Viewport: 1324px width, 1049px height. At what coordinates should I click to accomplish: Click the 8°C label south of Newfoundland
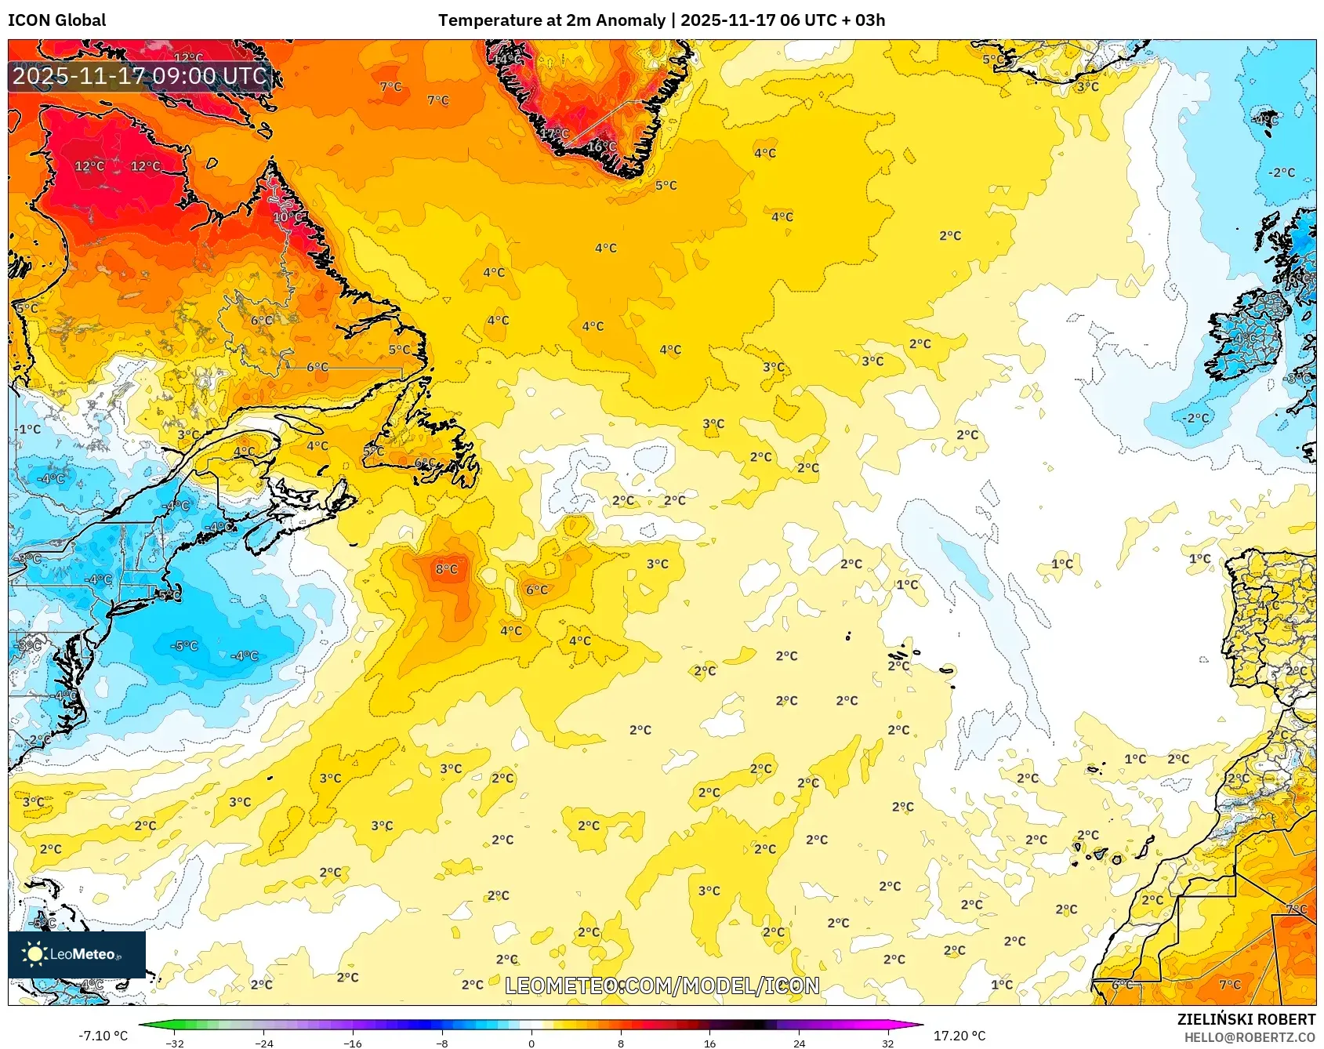pyautogui.click(x=447, y=569)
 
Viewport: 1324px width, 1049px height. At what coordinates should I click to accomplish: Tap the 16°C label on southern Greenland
pyautogui.click(x=601, y=147)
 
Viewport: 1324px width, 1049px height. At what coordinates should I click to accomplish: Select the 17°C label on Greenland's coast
pyautogui.click(x=554, y=134)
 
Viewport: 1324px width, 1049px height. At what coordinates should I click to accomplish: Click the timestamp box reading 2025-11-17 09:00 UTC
pyautogui.click(x=140, y=76)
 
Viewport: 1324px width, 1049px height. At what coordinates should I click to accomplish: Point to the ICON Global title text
pyautogui.click(x=57, y=20)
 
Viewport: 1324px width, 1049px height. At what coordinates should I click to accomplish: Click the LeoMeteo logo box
pyautogui.click(x=77, y=954)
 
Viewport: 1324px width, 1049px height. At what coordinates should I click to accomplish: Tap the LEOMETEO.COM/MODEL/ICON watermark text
pyautogui.click(x=662, y=985)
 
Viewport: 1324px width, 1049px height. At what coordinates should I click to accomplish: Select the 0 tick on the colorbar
pyautogui.click(x=531, y=1043)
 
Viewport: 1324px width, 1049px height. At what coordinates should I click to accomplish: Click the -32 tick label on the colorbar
pyautogui.click(x=175, y=1043)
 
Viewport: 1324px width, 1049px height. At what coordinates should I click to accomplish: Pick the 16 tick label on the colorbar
pyautogui.click(x=709, y=1043)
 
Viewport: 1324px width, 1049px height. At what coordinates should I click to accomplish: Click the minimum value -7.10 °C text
pyautogui.click(x=103, y=1036)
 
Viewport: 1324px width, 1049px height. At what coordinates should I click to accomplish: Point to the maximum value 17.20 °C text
pyautogui.click(x=959, y=1036)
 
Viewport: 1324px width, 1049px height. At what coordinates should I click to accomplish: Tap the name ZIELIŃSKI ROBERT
pyautogui.click(x=1246, y=1019)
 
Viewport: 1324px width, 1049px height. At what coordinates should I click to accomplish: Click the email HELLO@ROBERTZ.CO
pyautogui.click(x=1250, y=1037)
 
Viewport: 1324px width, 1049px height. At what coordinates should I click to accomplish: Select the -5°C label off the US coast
pyautogui.click(x=185, y=646)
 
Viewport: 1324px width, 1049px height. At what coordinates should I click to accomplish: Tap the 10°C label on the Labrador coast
pyautogui.click(x=288, y=217)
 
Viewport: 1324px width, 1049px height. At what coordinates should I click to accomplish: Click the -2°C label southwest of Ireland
pyautogui.click(x=1197, y=418)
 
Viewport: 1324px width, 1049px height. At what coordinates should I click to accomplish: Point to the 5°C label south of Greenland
pyautogui.click(x=666, y=186)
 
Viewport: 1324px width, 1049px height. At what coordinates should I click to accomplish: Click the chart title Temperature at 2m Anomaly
pyautogui.click(x=552, y=20)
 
